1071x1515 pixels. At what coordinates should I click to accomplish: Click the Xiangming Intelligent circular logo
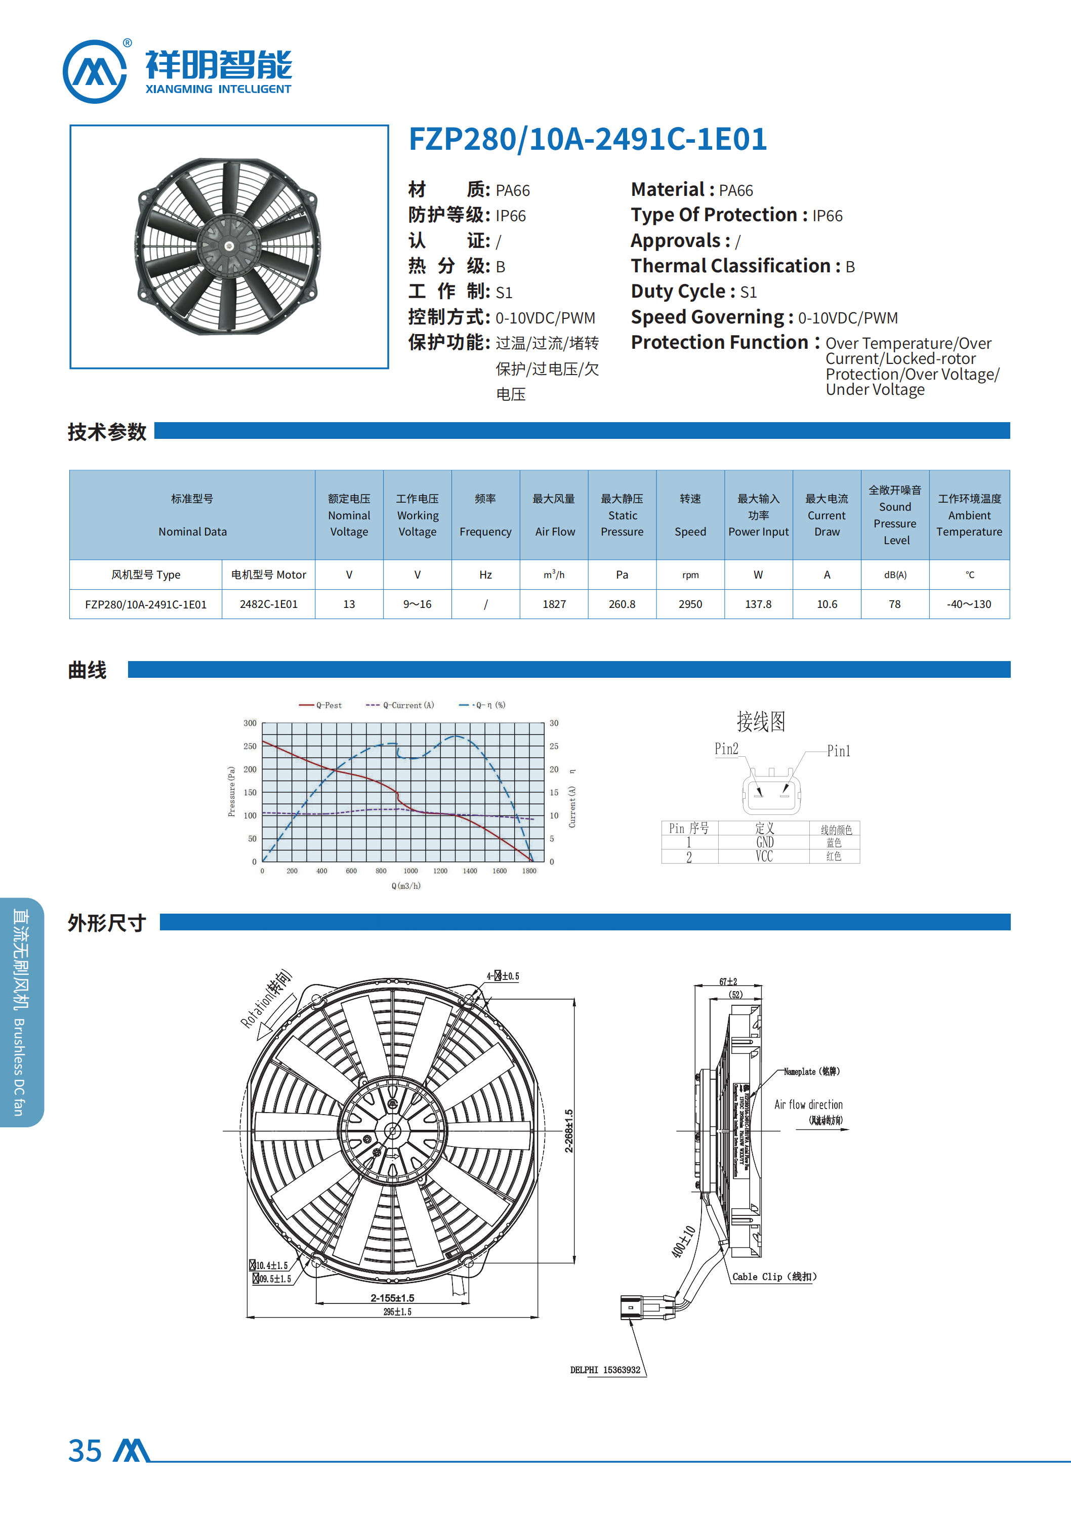[94, 71]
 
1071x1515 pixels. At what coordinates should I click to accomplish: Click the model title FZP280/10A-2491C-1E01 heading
[587, 139]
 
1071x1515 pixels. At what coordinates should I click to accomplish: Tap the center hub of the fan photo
[229, 246]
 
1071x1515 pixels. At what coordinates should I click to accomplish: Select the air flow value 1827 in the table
[554, 604]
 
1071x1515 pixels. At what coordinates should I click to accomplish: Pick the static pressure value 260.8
[622, 604]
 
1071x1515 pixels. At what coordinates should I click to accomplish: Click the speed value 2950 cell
[690, 604]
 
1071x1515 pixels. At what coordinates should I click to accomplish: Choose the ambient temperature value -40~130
[969, 604]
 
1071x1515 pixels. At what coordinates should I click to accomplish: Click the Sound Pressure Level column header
[895, 515]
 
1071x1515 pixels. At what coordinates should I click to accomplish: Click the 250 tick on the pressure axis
[250, 746]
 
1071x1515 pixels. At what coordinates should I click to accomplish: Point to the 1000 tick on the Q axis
[410, 871]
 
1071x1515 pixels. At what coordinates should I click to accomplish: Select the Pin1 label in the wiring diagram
[838, 751]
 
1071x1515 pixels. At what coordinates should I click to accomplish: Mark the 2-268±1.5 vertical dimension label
[569, 1131]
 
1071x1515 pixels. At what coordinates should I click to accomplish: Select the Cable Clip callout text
[774, 1277]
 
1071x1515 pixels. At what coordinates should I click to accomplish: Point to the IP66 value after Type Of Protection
[827, 216]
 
